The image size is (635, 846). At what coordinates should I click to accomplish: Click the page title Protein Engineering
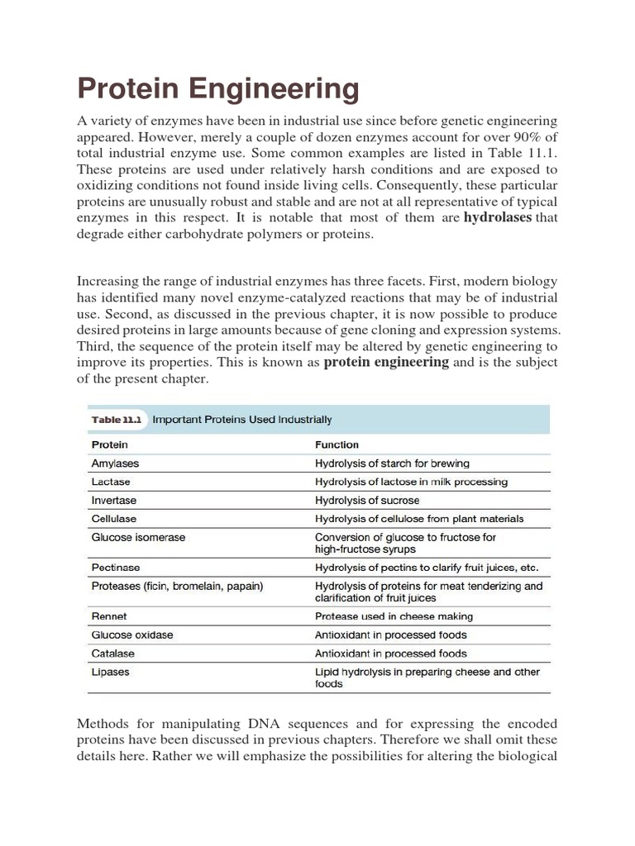(218, 88)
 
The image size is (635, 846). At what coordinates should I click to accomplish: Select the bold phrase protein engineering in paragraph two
(386, 362)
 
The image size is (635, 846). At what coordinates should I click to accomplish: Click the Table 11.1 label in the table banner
(116, 420)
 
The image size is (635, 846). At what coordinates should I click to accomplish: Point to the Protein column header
(109, 444)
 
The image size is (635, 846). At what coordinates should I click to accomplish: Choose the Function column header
(337, 444)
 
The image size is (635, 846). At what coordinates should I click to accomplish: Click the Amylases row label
(116, 463)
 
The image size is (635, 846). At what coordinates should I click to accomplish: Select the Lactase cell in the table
(111, 482)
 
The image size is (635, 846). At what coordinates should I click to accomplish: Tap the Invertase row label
(114, 500)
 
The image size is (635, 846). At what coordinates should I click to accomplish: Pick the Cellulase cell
(114, 519)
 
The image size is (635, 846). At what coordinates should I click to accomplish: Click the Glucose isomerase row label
(138, 537)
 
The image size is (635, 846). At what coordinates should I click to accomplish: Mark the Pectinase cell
(116, 568)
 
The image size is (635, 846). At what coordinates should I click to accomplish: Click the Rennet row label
(109, 616)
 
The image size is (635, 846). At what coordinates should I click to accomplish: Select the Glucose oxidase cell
(132, 635)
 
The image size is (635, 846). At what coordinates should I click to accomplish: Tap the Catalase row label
(112, 654)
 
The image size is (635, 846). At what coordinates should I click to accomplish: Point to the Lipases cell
(110, 672)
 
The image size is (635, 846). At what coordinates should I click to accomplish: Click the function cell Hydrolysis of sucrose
(367, 500)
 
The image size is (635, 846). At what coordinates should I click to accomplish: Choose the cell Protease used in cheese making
(394, 616)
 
